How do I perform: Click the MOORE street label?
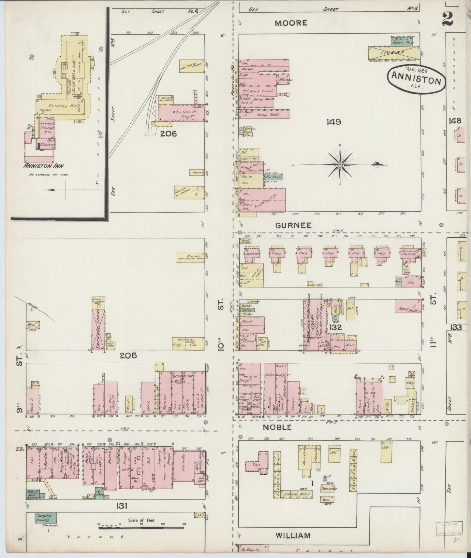(290, 23)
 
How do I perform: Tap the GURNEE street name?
(293, 225)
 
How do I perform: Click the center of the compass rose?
(340, 165)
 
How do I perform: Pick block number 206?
(168, 133)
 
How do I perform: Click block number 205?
(128, 356)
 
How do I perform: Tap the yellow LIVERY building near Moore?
(394, 52)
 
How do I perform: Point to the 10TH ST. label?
(221, 326)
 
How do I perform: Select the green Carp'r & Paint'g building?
(46, 518)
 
